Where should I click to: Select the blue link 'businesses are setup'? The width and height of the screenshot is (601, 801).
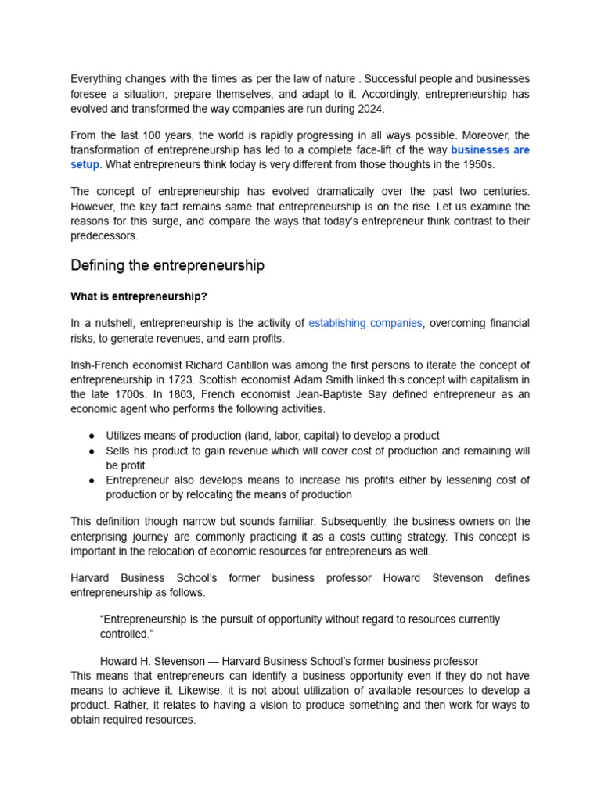(490, 150)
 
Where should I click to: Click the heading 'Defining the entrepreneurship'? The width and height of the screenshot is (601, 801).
(167, 266)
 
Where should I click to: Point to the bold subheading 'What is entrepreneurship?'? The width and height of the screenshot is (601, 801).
(139, 297)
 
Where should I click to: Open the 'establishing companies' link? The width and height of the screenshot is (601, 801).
(365, 323)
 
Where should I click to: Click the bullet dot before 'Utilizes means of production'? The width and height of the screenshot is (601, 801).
(92, 436)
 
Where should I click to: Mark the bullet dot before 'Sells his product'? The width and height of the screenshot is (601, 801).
(92, 451)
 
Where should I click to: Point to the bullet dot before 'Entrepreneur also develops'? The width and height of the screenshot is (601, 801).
(92, 480)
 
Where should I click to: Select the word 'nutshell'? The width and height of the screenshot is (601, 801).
(112, 323)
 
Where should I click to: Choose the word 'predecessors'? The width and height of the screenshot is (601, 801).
(104, 235)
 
